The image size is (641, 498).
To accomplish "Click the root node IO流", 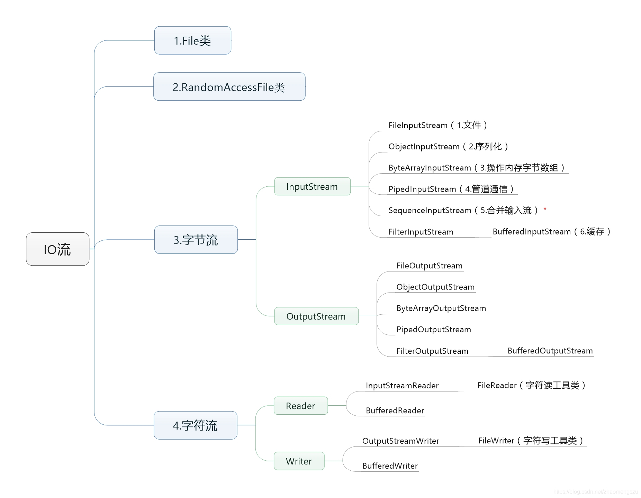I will pos(57,249).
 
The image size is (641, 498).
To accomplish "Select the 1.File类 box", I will pos(192,40).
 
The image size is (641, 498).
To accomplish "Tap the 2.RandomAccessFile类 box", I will pos(229,87).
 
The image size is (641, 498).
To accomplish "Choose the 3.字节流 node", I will pos(196,240).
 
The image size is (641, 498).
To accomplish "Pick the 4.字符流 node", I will pos(195,425).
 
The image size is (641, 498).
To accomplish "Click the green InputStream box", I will pos(312,186).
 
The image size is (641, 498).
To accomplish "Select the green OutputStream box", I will pos(316,316).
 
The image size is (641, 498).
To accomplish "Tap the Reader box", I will pos(300,406).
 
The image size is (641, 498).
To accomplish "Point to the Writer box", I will pos(299,461).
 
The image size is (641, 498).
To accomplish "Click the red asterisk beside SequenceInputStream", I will pos(545,209).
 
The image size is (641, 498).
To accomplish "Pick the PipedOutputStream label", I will pos(434,330).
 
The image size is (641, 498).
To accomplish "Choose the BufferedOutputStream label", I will pos(550,351).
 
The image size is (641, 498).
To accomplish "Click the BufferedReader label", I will pos(395,411).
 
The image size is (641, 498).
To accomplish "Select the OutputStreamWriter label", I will pos(401,441).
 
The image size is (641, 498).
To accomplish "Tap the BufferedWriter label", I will pos(390,466).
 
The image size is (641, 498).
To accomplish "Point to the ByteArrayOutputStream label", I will pos(441,308).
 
